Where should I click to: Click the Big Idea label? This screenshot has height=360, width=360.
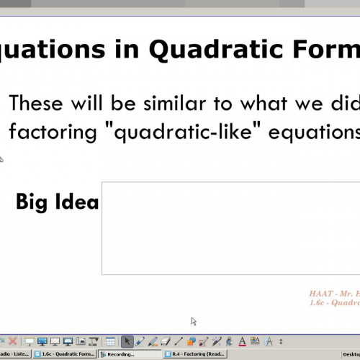57,202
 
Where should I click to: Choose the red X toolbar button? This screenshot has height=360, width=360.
12,341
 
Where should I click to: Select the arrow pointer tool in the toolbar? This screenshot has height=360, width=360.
127,341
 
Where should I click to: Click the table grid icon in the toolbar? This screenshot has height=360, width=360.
110,341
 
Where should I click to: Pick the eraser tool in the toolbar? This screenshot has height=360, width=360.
165,341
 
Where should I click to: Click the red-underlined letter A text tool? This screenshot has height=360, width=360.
242,341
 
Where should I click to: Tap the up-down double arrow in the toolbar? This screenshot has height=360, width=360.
281,341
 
